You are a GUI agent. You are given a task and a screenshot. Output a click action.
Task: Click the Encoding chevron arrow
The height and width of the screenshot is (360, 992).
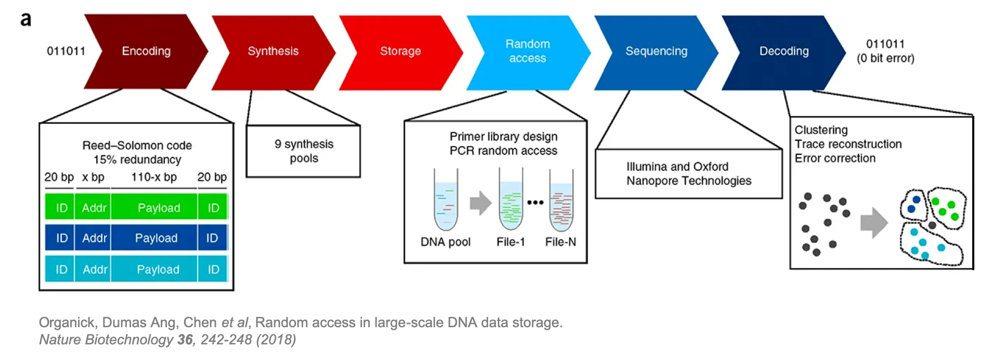[x=146, y=51]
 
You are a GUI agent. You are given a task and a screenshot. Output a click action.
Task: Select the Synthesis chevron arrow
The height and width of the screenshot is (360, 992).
[x=273, y=51]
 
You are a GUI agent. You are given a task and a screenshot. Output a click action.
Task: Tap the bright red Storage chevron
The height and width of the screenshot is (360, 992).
[x=401, y=51]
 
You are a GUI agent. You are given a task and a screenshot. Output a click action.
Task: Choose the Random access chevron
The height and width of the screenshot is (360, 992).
[x=527, y=51]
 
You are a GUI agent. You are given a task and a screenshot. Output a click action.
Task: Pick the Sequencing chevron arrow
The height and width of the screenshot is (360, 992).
[x=656, y=51]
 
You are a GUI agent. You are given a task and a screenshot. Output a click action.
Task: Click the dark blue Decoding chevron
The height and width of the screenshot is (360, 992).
[x=783, y=51]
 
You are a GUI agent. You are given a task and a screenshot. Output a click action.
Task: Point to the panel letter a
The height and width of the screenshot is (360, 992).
[x=25, y=19]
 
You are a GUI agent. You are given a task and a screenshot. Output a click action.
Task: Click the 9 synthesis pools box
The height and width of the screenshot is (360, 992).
[x=303, y=151]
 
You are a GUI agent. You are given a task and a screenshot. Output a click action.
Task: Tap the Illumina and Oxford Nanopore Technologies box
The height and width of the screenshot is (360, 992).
[x=688, y=174]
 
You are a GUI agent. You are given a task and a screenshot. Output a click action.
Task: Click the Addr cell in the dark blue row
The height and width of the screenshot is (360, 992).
[x=94, y=238]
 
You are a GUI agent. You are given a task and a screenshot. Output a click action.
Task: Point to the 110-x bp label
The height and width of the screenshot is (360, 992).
[x=154, y=177]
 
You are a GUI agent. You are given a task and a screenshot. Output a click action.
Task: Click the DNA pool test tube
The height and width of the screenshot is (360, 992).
[x=446, y=200]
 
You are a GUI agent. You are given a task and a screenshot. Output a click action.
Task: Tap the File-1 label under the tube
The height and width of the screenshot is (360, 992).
[x=510, y=242]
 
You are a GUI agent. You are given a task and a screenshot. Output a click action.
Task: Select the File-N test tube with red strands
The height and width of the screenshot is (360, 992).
[x=561, y=201]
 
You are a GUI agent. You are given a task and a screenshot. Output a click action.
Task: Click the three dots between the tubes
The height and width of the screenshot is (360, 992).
[x=535, y=202]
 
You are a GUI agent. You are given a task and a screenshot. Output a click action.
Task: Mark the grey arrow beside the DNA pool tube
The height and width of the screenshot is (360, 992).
[x=480, y=203]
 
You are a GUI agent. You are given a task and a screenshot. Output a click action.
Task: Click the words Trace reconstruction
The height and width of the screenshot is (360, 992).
[x=848, y=144]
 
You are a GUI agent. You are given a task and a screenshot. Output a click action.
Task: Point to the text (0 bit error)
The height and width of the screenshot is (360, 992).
[x=885, y=58]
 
